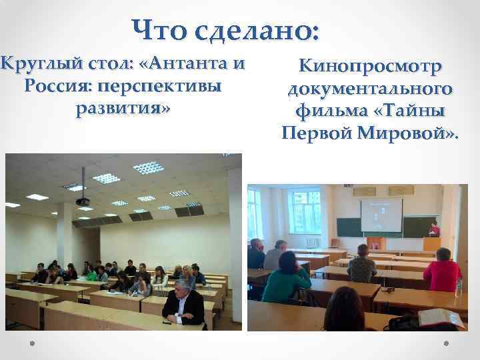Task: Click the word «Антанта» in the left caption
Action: tap(189, 65)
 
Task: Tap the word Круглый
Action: tap(34, 65)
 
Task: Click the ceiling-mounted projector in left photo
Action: tap(82, 199)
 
